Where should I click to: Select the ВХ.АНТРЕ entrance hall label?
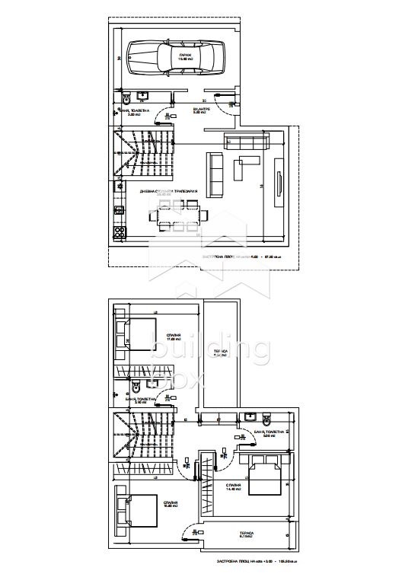[x=202, y=110]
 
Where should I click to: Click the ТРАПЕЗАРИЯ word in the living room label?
[x=185, y=191]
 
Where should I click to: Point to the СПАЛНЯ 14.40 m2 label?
[x=233, y=486]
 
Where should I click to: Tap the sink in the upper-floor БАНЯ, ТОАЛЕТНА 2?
[x=251, y=417]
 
